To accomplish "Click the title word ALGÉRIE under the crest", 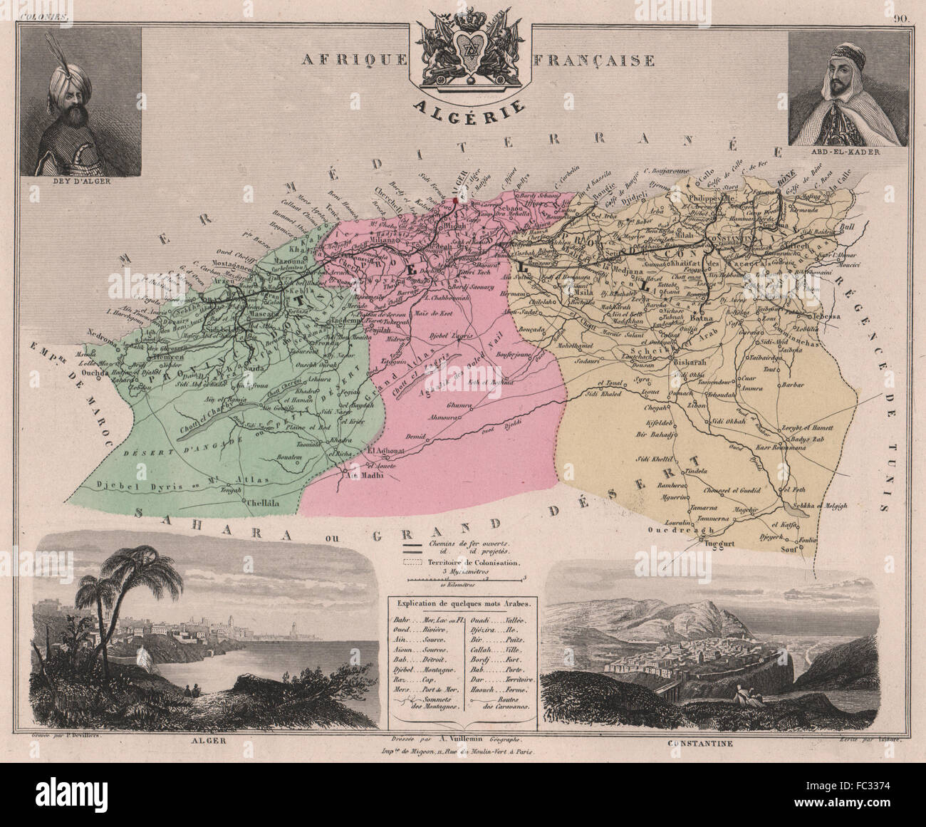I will point(471,108).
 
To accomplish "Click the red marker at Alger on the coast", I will point(454,201).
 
